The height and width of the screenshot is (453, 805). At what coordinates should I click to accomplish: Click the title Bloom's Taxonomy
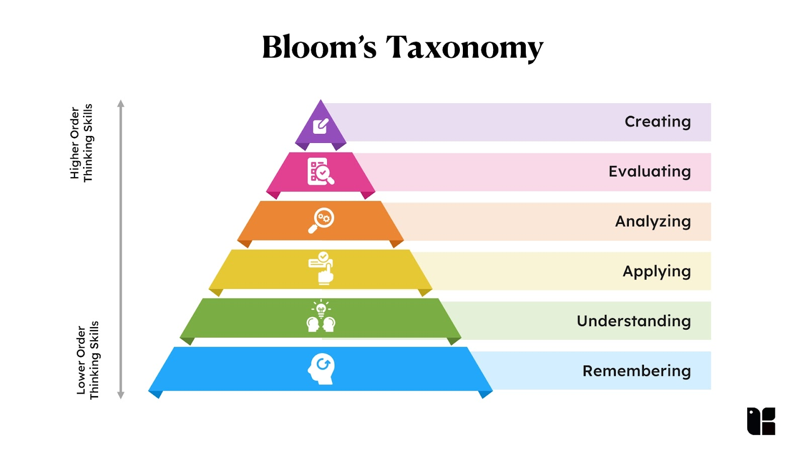click(x=403, y=48)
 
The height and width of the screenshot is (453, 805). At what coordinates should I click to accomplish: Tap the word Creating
click(x=658, y=122)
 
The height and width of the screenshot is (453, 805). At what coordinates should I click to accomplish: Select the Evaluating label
click(x=650, y=172)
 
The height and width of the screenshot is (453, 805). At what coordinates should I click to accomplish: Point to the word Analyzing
click(x=653, y=221)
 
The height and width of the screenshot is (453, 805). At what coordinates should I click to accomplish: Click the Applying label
click(x=657, y=271)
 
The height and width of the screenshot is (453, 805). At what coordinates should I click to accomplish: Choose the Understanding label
click(x=633, y=321)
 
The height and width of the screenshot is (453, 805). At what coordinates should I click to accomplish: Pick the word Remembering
click(x=636, y=371)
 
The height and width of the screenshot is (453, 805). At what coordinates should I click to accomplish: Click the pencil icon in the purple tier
click(x=320, y=126)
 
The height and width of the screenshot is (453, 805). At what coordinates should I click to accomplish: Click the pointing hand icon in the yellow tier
click(x=321, y=268)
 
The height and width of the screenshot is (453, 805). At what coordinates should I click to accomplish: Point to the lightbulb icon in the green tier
click(x=321, y=309)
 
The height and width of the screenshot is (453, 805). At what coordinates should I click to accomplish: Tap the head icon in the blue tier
click(x=321, y=368)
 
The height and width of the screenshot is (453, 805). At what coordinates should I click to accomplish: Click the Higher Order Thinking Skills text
click(x=82, y=143)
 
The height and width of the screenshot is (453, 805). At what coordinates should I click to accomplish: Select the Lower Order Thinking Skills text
click(x=88, y=360)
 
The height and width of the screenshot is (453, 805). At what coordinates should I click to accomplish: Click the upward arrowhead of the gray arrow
click(x=121, y=104)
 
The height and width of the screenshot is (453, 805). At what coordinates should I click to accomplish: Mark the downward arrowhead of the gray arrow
click(x=121, y=395)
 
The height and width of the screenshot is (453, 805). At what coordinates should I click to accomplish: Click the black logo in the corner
click(x=761, y=421)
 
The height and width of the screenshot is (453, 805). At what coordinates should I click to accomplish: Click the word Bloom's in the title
click(x=319, y=48)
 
